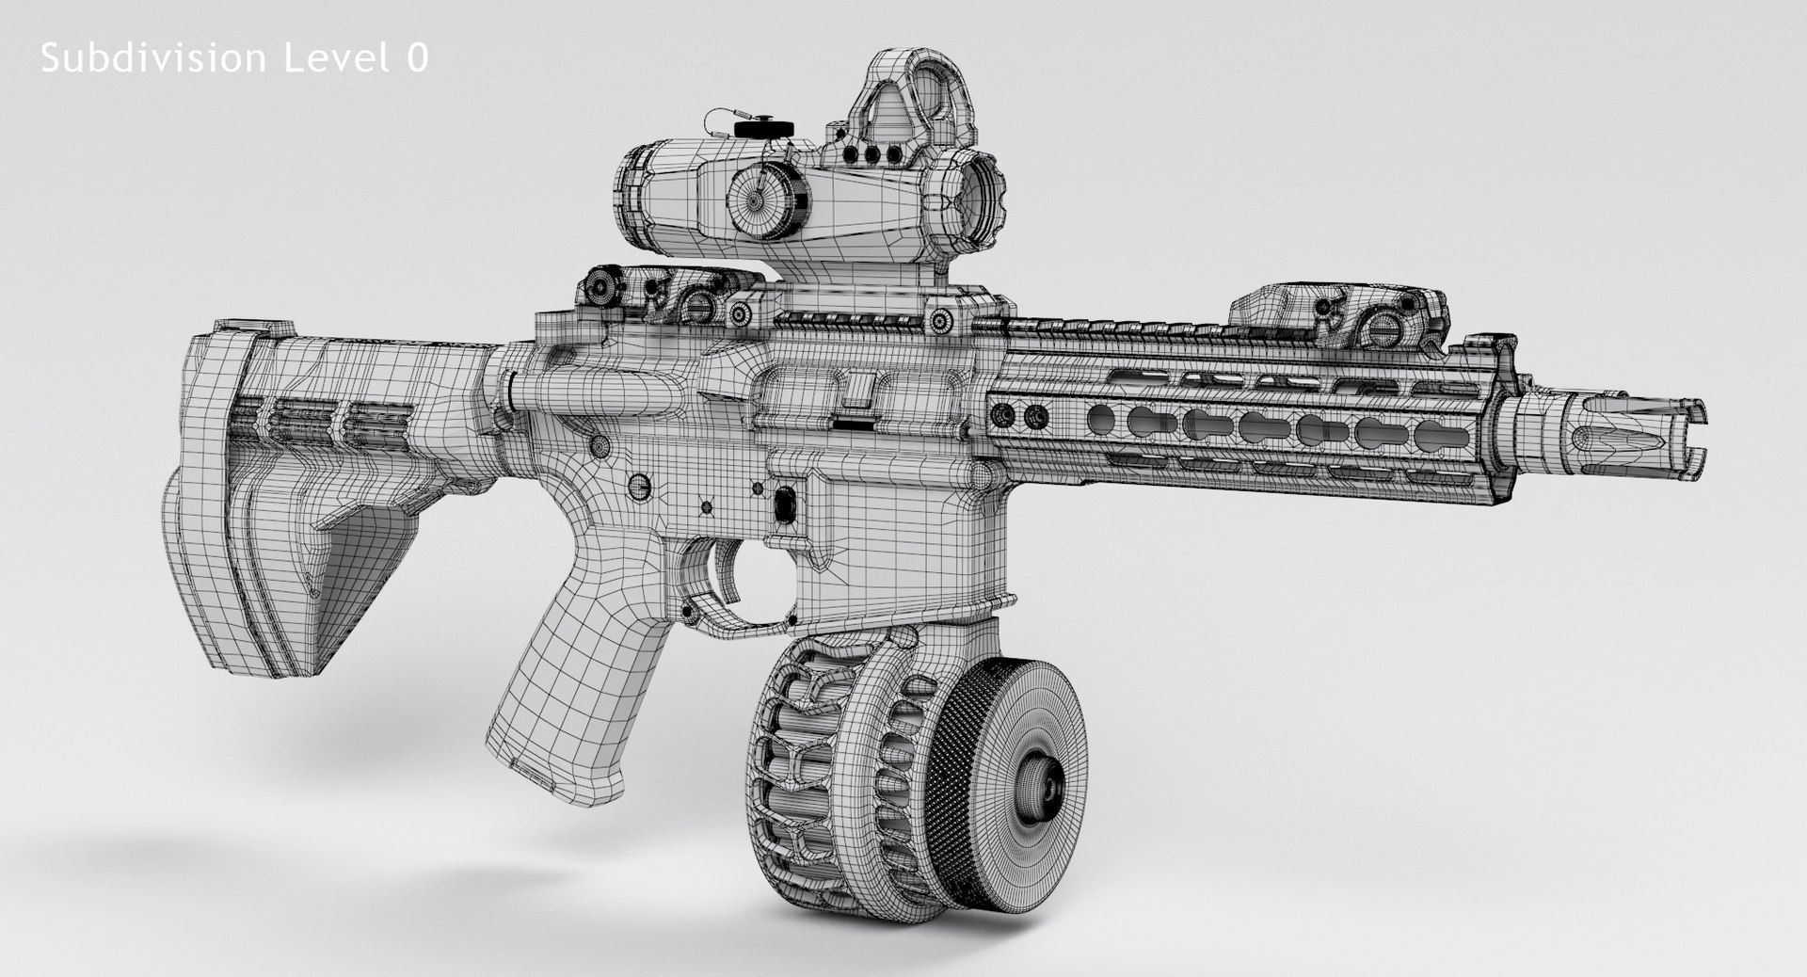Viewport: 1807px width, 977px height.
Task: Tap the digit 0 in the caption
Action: point(417,58)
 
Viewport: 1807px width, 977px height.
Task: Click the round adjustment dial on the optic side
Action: point(759,200)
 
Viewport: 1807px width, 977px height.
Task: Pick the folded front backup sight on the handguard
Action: point(1336,315)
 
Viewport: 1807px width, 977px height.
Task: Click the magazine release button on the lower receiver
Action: point(782,505)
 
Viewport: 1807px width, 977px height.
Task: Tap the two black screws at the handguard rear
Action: point(1021,413)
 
